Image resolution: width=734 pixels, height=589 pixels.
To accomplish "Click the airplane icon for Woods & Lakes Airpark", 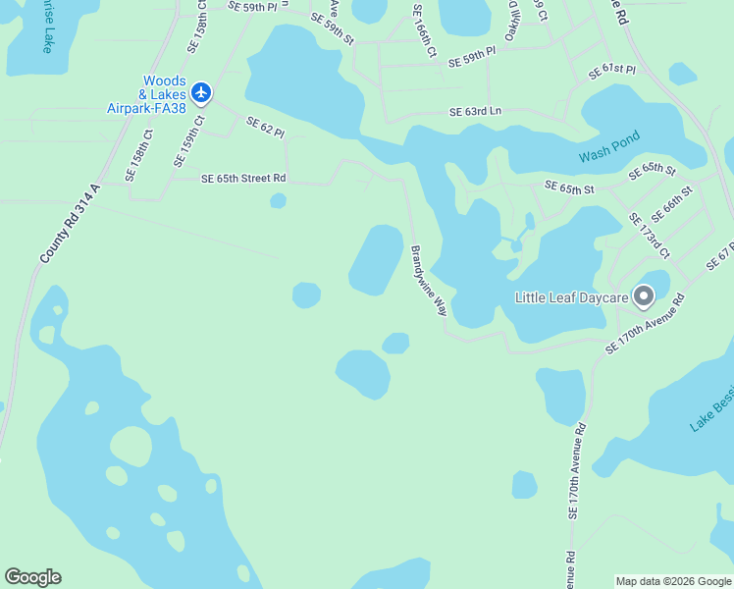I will click(201, 92).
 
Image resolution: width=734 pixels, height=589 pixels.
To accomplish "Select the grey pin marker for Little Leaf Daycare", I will click(644, 294).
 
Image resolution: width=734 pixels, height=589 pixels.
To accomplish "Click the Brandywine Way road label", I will click(429, 280).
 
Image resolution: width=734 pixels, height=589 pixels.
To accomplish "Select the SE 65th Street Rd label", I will click(243, 179).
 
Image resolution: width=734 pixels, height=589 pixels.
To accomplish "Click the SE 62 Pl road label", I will click(265, 126).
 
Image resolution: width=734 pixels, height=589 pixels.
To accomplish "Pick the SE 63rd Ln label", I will click(476, 112).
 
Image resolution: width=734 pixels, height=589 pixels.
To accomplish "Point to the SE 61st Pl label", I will click(612, 72).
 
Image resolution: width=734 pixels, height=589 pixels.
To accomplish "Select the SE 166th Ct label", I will click(424, 33).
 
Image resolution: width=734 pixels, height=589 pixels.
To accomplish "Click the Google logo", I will click(32, 577).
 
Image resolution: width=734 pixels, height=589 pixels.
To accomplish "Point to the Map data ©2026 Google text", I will click(673, 581).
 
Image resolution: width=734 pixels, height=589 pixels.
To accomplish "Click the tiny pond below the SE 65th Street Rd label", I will click(278, 201).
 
